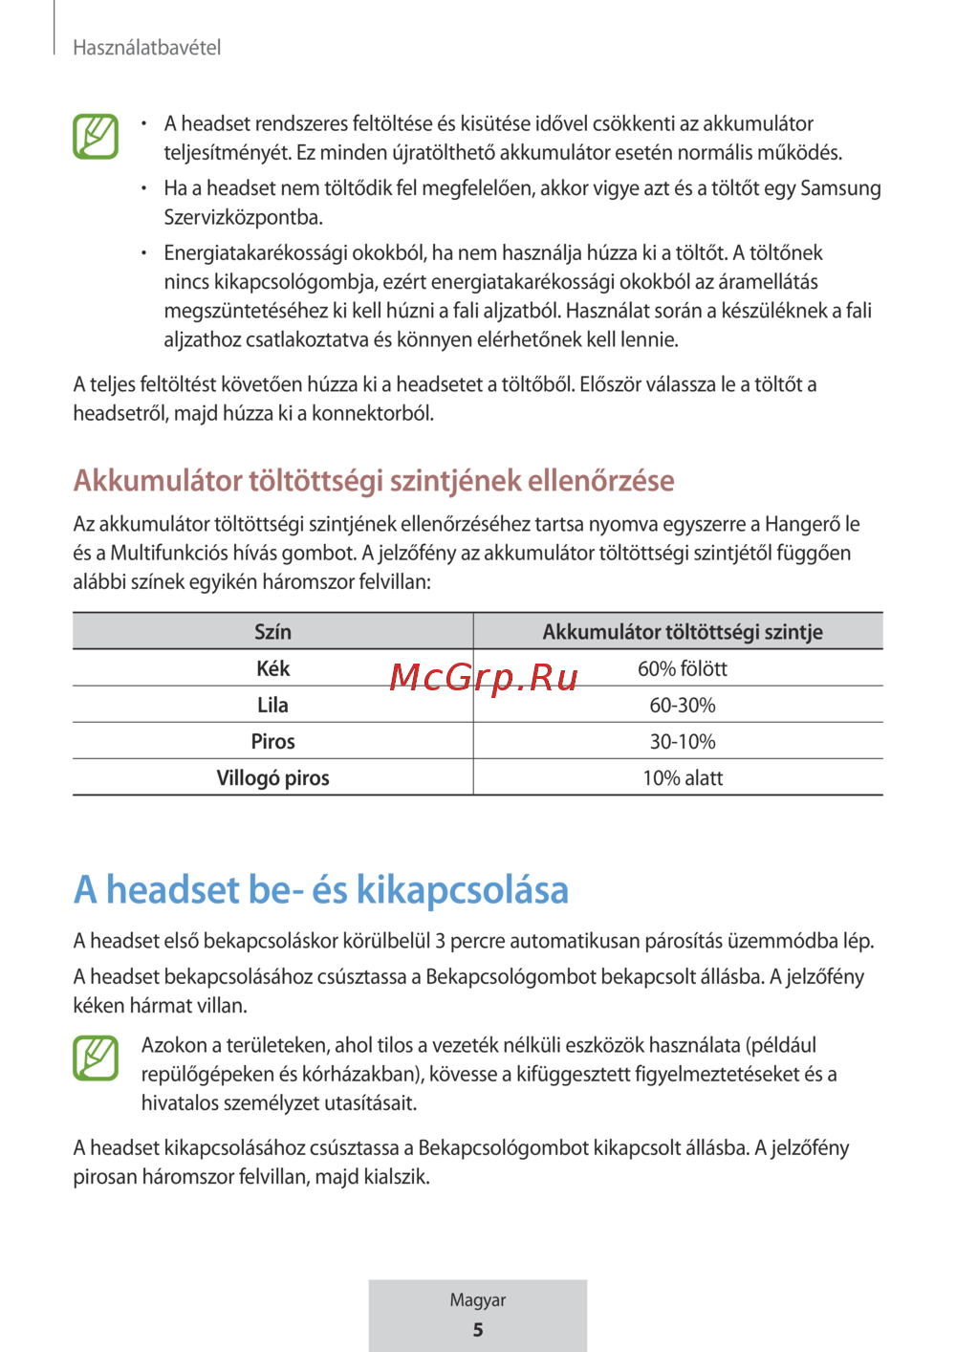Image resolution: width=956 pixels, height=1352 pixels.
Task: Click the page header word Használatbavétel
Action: [x=147, y=48]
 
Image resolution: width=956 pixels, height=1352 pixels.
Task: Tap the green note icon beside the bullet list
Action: [x=96, y=136]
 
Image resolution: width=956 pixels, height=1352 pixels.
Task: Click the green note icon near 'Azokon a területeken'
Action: [x=96, y=1058]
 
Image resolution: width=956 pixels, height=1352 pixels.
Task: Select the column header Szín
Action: [x=272, y=632]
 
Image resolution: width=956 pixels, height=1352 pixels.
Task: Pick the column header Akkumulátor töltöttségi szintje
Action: [x=682, y=632]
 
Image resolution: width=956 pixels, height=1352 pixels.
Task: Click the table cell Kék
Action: [x=272, y=668]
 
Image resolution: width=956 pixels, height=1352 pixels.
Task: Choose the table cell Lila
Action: [x=272, y=705]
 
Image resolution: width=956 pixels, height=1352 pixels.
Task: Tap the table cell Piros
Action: [x=272, y=741]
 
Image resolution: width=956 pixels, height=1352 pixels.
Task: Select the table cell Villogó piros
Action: [x=272, y=777]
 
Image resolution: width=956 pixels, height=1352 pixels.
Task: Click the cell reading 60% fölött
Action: [x=682, y=668]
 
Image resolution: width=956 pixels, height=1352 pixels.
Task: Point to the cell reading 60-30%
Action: [x=682, y=705]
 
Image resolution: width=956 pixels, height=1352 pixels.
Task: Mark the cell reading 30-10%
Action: [x=682, y=741]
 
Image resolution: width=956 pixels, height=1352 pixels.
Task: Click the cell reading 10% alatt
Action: [x=682, y=777]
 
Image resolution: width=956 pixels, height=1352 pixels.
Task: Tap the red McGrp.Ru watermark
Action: [x=484, y=677]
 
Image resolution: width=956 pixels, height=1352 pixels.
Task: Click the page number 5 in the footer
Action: [x=478, y=1330]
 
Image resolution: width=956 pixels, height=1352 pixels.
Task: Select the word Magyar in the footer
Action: [x=478, y=1300]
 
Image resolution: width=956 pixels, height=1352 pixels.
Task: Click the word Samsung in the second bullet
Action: [x=840, y=188]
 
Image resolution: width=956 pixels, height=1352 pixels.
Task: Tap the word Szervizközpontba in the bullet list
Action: [x=243, y=217]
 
